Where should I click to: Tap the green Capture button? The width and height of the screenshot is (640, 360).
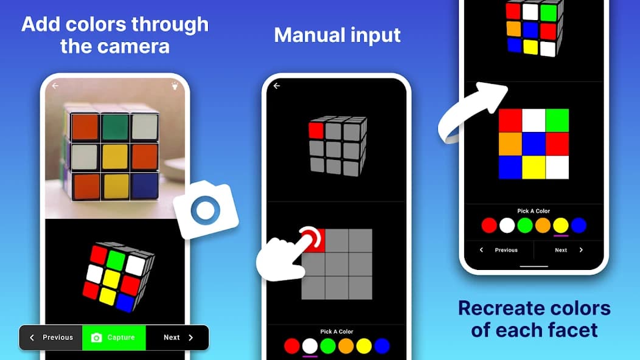pyautogui.click(x=114, y=337)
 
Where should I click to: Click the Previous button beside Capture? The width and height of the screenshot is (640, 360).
pyautogui.click(x=51, y=337)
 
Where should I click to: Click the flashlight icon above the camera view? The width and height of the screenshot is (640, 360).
pyautogui.click(x=176, y=86)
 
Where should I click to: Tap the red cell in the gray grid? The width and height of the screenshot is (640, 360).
pyautogui.click(x=314, y=240)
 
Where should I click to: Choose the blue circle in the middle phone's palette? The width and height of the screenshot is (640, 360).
pyautogui.click(x=382, y=346)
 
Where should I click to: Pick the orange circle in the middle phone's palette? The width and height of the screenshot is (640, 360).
pyautogui.click(x=346, y=346)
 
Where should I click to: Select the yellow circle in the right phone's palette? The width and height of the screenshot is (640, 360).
pyautogui.click(x=561, y=226)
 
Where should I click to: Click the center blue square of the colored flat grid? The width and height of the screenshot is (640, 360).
pyautogui.click(x=534, y=144)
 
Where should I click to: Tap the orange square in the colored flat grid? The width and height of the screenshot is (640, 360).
pyautogui.click(x=510, y=144)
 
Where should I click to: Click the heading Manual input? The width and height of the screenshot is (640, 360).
pyautogui.click(x=337, y=35)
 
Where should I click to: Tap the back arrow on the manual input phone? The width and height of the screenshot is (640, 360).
pyautogui.click(x=277, y=86)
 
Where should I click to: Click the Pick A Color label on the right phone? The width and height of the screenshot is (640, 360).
pyautogui.click(x=534, y=211)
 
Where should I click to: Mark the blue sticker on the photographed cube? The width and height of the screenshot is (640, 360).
pyautogui.click(x=145, y=186)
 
